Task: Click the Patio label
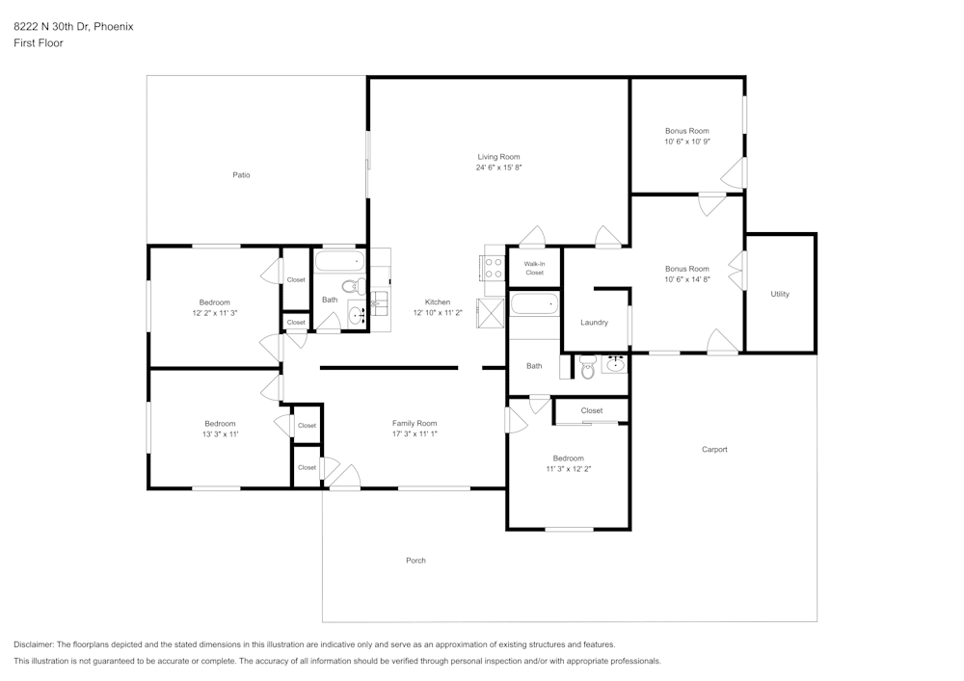241,174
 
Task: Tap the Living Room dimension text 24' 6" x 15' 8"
498,168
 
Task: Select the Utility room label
779,294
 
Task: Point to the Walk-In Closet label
534,268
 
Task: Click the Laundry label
594,323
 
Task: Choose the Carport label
714,450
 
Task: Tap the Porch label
415,561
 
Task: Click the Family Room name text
415,423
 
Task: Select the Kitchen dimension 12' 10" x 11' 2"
438,313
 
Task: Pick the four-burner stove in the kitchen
494,268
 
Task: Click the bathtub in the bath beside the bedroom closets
339,261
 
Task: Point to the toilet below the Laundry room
588,366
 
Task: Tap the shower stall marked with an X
491,313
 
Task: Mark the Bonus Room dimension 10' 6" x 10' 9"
686,142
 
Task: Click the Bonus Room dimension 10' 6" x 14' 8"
686,279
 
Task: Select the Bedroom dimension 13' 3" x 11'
220,434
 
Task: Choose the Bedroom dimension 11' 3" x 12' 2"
568,469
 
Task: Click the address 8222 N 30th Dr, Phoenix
73,27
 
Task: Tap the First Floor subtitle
39,43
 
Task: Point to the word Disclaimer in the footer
34,644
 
